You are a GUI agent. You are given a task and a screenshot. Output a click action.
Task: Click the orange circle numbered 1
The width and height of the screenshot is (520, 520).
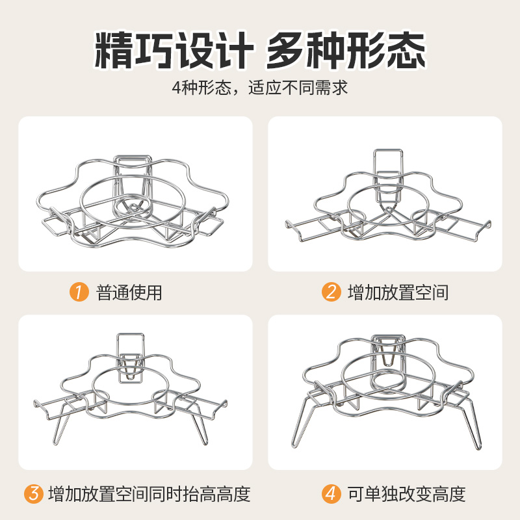(79, 292)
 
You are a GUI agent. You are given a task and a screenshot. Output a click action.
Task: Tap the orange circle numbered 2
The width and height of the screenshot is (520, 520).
(331, 292)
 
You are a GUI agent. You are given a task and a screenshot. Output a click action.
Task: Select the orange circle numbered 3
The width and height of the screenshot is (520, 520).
(34, 494)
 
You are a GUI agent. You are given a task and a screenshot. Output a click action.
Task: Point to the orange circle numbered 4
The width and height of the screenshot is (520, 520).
(331, 494)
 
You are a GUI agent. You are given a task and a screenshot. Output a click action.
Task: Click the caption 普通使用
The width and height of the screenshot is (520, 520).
(129, 292)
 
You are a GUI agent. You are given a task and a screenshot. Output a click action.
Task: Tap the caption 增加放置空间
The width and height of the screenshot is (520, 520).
(398, 292)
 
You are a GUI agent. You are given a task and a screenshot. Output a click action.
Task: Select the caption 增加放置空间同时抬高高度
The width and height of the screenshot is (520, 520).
(149, 494)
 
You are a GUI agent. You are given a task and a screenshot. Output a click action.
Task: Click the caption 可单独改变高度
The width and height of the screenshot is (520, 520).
(407, 494)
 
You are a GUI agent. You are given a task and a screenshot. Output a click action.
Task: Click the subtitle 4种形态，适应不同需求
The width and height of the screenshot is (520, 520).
(259, 88)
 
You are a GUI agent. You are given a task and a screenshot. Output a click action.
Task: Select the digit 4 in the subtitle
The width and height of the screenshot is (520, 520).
(176, 88)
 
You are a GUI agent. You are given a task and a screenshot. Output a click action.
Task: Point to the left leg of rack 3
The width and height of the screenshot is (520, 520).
(60, 428)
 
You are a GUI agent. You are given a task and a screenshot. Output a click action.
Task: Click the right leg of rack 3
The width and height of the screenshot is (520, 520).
(201, 428)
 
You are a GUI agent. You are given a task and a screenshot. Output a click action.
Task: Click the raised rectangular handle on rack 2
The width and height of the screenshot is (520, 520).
(388, 162)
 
